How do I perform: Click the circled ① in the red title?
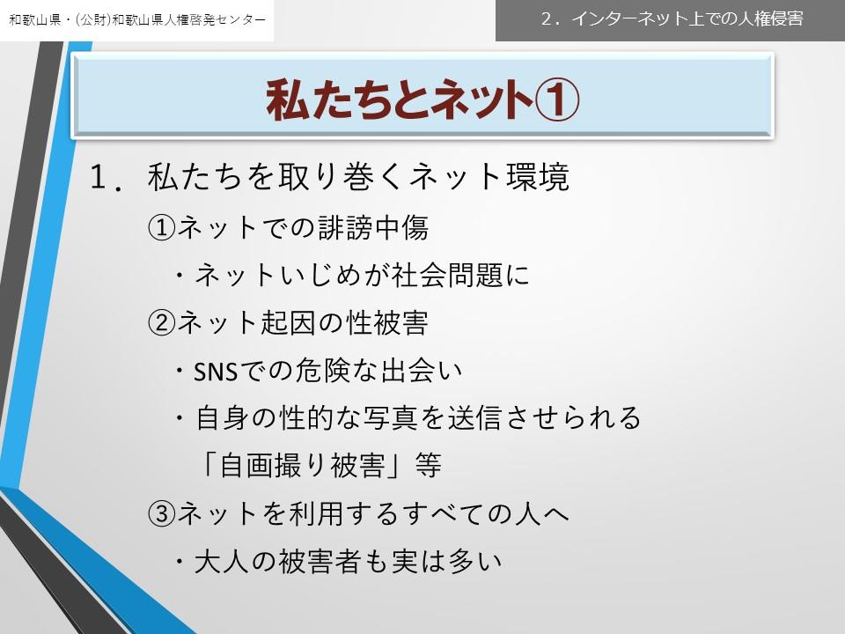pyautogui.click(x=557, y=100)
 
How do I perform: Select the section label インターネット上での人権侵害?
pyautogui.click(x=687, y=18)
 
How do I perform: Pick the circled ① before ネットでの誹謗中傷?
pyautogui.click(x=162, y=228)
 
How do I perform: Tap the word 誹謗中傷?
pyautogui.click(x=373, y=227)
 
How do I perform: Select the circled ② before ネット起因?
pyautogui.click(x=162, y=323)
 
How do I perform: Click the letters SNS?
pyautogui.click(x=216, y=372)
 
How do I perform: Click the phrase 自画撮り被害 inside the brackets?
pyautogui.click(x=302, y=465)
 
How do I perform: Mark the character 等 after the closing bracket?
pyautogui.click(x=429, y=465)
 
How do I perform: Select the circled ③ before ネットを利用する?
pyautogui.click(x=162, y=513)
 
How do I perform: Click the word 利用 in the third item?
pyautogui.click(x=316, y=512)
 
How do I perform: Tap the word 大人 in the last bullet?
pyautogui.click(x=221, y=561)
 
